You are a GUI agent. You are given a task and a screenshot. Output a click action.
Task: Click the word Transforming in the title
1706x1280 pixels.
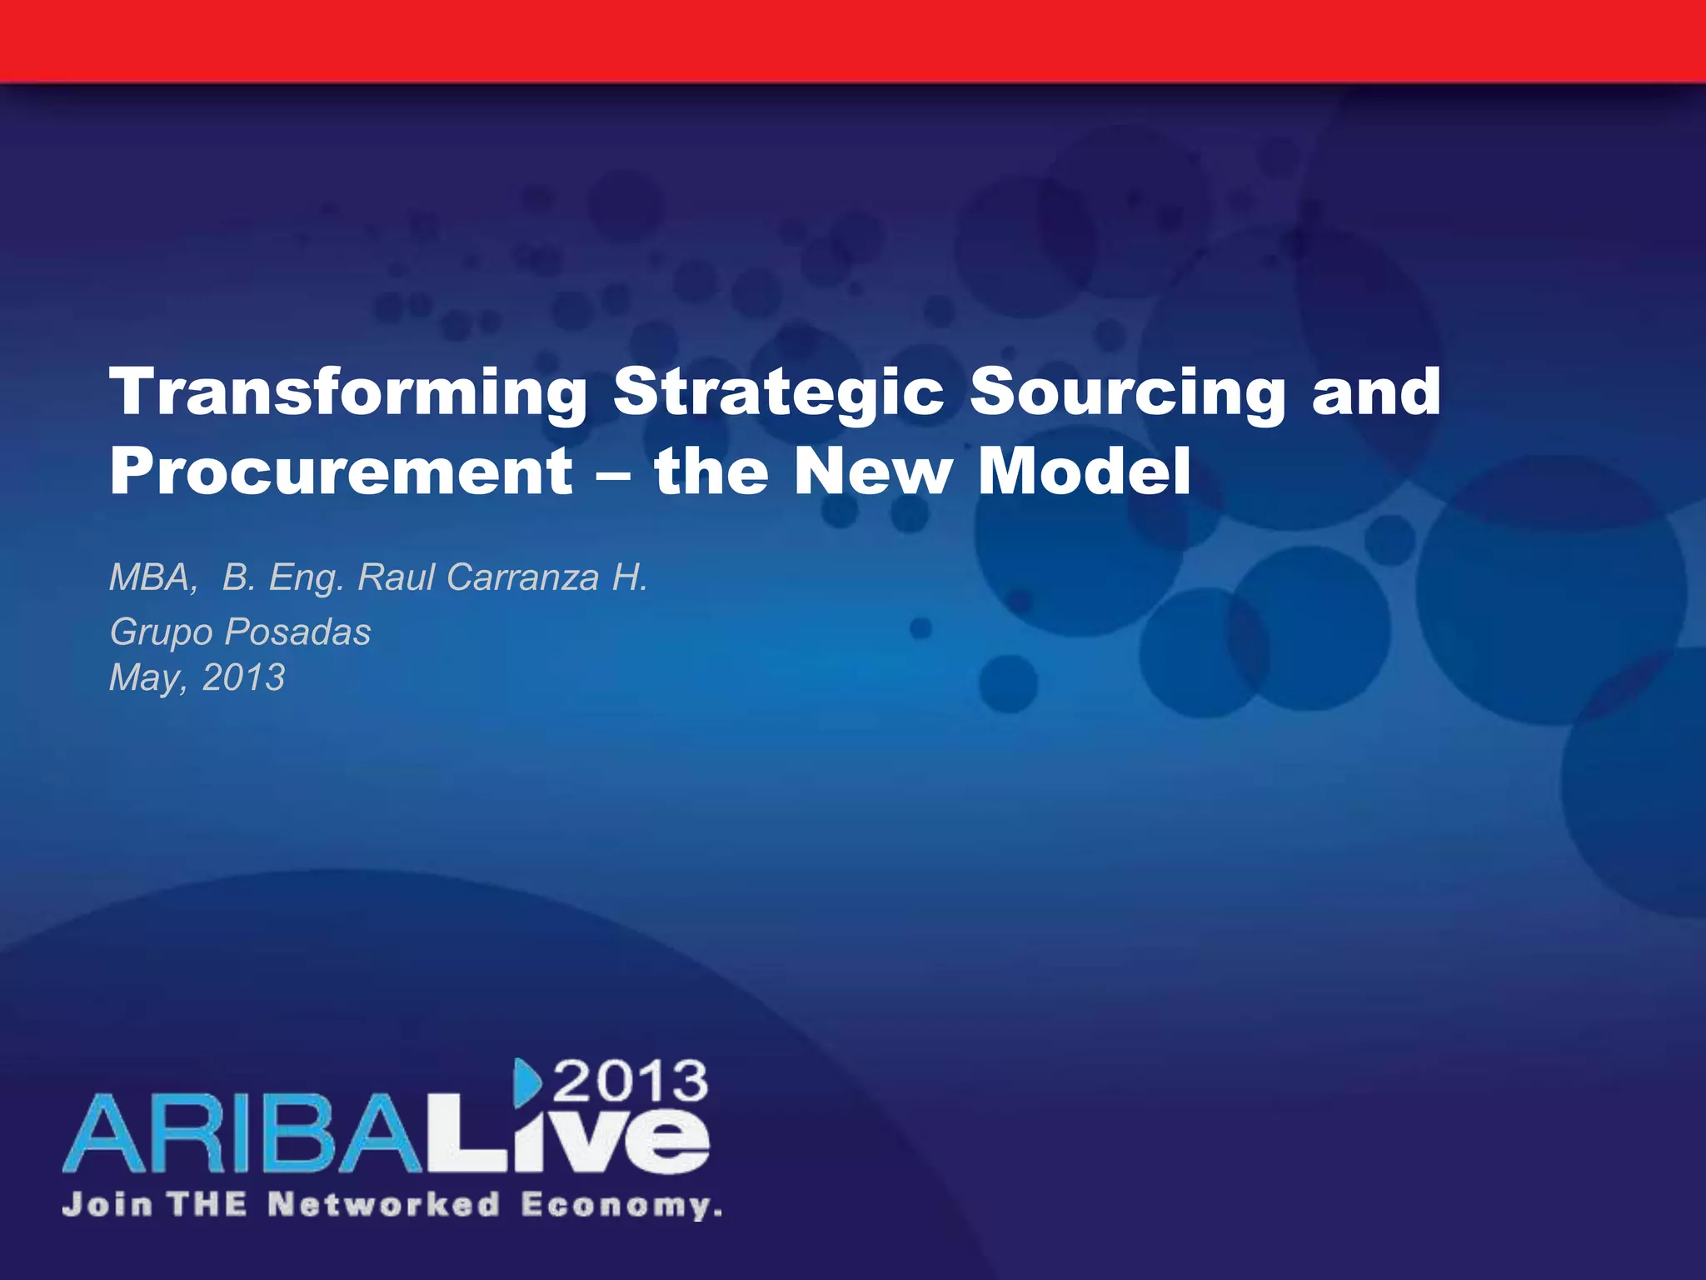(348, 393)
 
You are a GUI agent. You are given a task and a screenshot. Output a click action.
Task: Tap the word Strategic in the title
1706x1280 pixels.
(779, 393)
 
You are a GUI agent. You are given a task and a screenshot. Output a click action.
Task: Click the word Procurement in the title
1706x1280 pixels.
(341, 472)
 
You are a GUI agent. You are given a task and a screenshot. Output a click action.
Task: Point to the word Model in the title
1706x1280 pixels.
(1084, 472)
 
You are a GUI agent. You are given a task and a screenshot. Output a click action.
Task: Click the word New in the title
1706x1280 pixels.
(872, 472)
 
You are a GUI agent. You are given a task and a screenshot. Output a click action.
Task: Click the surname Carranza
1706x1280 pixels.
(522, 577)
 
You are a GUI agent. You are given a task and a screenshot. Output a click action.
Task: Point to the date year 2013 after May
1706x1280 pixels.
(243, 677)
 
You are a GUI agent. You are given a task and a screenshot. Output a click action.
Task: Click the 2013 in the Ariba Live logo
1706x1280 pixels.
(631, 1082)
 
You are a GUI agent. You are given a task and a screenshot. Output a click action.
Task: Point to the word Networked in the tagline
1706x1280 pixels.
(383, 1205)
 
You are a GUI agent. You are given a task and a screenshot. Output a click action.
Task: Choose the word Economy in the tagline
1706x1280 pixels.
(620, 1206)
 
